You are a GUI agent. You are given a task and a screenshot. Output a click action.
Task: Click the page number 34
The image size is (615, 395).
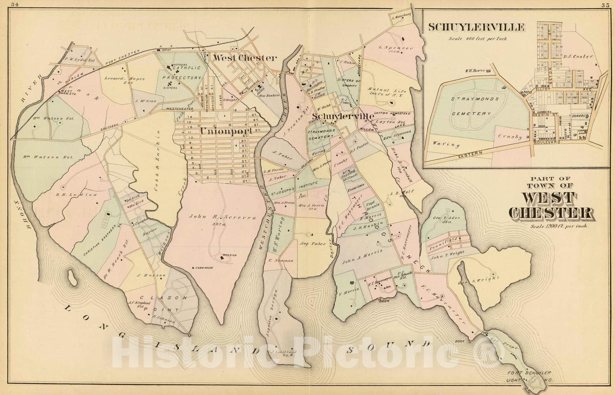click(x=15, y=5)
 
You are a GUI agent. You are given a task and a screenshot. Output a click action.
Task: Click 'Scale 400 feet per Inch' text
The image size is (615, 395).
click(x=477, y=38)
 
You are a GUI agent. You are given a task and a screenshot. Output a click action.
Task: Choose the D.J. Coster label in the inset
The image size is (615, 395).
click(x=578, y=56)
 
